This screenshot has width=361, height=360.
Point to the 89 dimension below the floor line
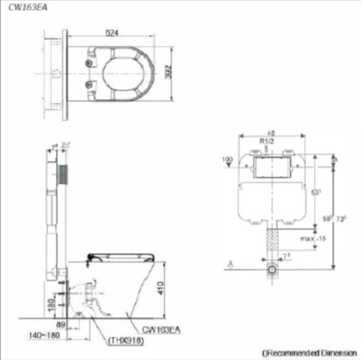(x=61, y=323)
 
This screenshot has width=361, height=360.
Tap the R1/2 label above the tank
(x=266, y=141)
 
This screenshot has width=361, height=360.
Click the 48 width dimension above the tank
(x=270, y=132)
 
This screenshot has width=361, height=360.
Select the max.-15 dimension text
(x=313, y=238)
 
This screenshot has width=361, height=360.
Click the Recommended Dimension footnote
(x=308, y=352)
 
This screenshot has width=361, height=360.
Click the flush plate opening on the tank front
(x=270, y=168)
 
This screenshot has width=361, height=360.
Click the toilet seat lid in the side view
(x=121, y=254)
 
